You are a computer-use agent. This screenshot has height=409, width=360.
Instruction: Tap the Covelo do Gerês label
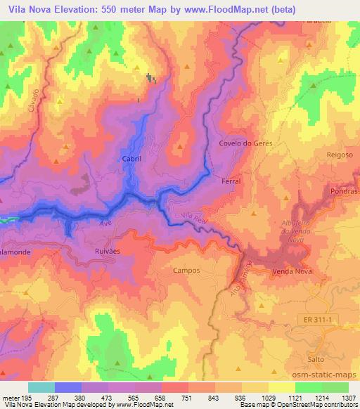point(245,143)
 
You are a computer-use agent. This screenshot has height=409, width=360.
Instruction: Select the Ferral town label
point(231,181)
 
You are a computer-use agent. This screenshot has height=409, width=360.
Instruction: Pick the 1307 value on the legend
point(347,397)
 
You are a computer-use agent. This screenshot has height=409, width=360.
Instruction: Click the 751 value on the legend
point(186,397)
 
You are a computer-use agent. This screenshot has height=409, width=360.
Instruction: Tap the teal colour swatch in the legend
point(41,387)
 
